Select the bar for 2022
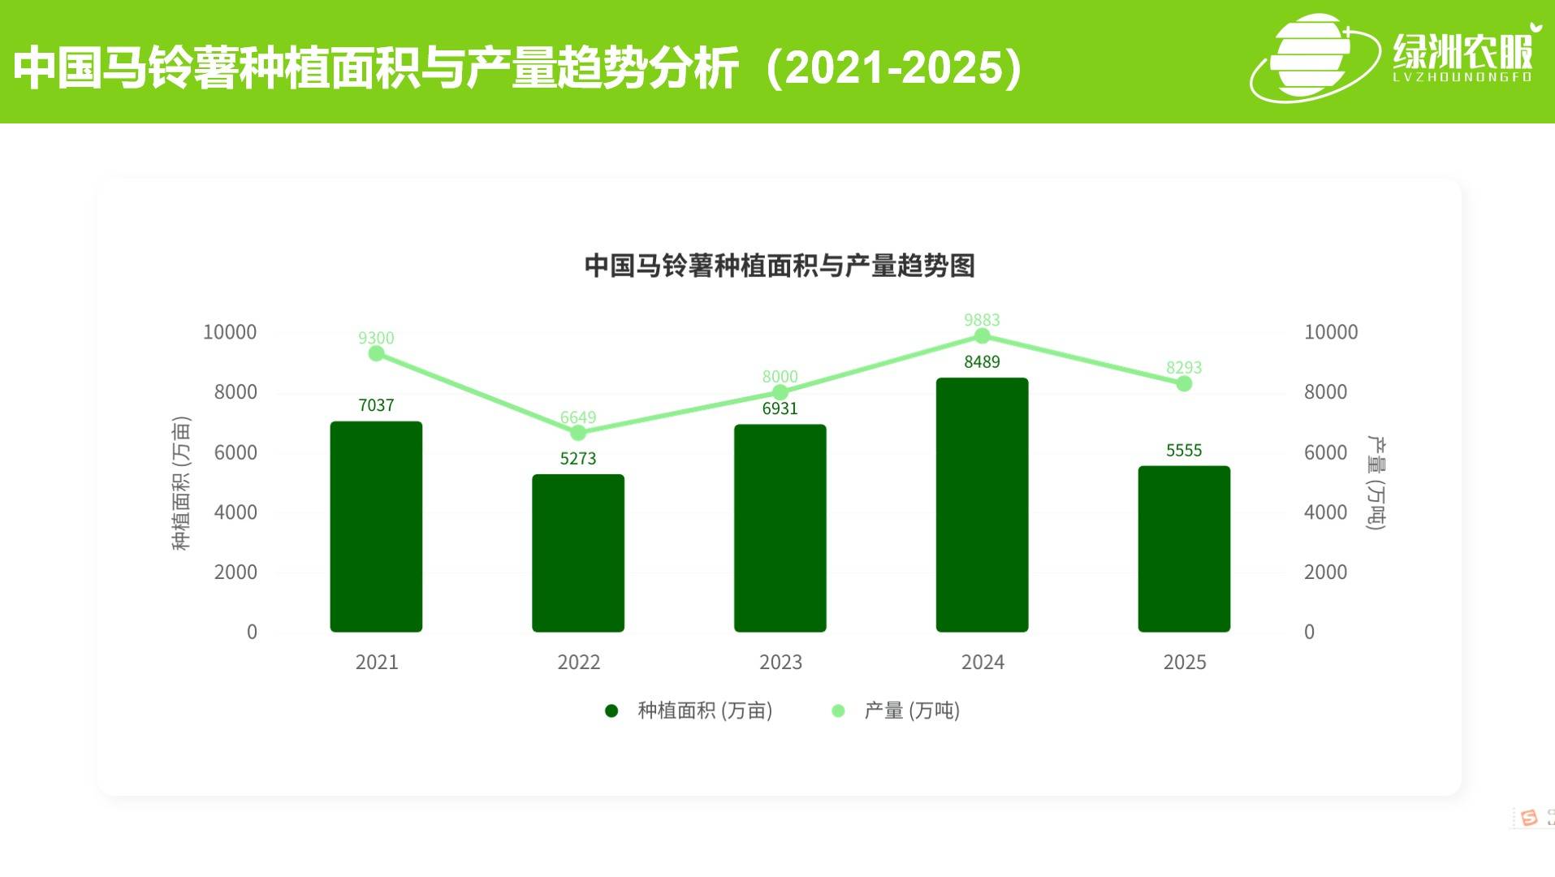[578, 553]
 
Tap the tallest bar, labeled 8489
[982, 504]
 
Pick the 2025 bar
[1184, 549]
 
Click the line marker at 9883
[982, 336]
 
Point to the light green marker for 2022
[578, 433]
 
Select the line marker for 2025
[1184, 383]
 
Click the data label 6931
[780, 408]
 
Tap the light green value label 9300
[376, 338]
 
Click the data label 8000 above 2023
[780, 377]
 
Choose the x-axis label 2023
[780, 663]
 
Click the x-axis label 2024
[983, 663]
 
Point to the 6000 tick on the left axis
[235, 452]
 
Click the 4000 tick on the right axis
[1325, 512]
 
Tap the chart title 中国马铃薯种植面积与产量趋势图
[780, 266]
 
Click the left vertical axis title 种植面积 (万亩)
[181, 483]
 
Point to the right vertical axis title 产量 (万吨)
[1376, 483]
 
